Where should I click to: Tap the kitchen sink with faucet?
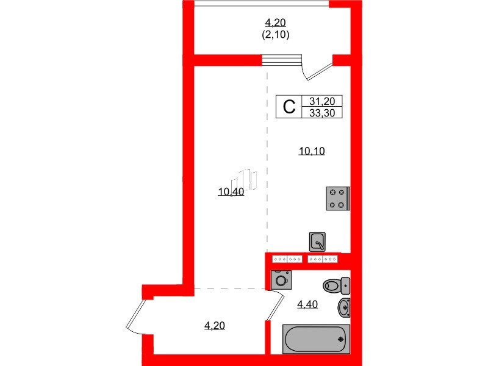[x=317, y=242]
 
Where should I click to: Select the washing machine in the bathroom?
[x=281, y=281]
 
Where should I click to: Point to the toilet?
[x=335, y=285]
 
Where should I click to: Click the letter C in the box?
[x=289, y=107]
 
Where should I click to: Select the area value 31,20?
[x=326, y=102]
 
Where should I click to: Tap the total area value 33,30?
[x=326, y=113]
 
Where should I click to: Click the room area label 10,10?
[x=311, y=152]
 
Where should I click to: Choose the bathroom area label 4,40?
[x=308, y=305]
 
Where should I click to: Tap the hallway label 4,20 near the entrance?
[x=214, y=326]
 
